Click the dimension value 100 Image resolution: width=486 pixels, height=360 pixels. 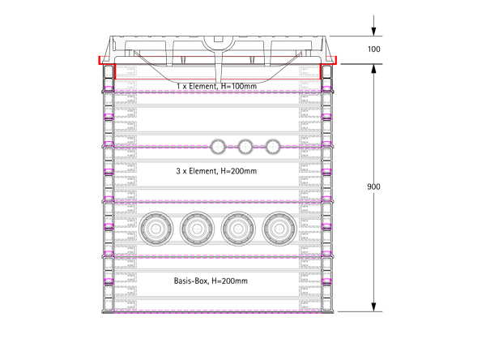coord(373,49)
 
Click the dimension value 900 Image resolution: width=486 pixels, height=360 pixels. coord(373,186)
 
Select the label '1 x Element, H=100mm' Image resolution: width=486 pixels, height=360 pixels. coord(216,86)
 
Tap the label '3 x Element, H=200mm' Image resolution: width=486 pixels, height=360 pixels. coord(216,171)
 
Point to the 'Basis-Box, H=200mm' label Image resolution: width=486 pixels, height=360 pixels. coord(211,281)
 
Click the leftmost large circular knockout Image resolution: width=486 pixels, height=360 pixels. coord(156,229)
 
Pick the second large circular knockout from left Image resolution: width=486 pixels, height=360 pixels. coord(197,229)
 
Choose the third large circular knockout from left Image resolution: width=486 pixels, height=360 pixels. coord(238,229)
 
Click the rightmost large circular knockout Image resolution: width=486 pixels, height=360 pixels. coord(279,229)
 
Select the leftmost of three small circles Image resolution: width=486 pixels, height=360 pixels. coord(218,147)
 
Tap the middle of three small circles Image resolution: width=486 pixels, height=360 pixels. coord(245,147)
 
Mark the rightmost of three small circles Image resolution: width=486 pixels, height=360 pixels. coord(273,147)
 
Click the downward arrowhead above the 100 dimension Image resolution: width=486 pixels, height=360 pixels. coord(373,32)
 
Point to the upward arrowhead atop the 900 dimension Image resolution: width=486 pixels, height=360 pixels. coord(373,69)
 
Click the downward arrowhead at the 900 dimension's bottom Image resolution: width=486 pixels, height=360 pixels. coord(373,307)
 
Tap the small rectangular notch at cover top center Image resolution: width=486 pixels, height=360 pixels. coord(219,39)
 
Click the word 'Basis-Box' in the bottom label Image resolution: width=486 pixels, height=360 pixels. coord(190,281)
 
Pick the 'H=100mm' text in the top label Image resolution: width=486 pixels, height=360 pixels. coord(239,86)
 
